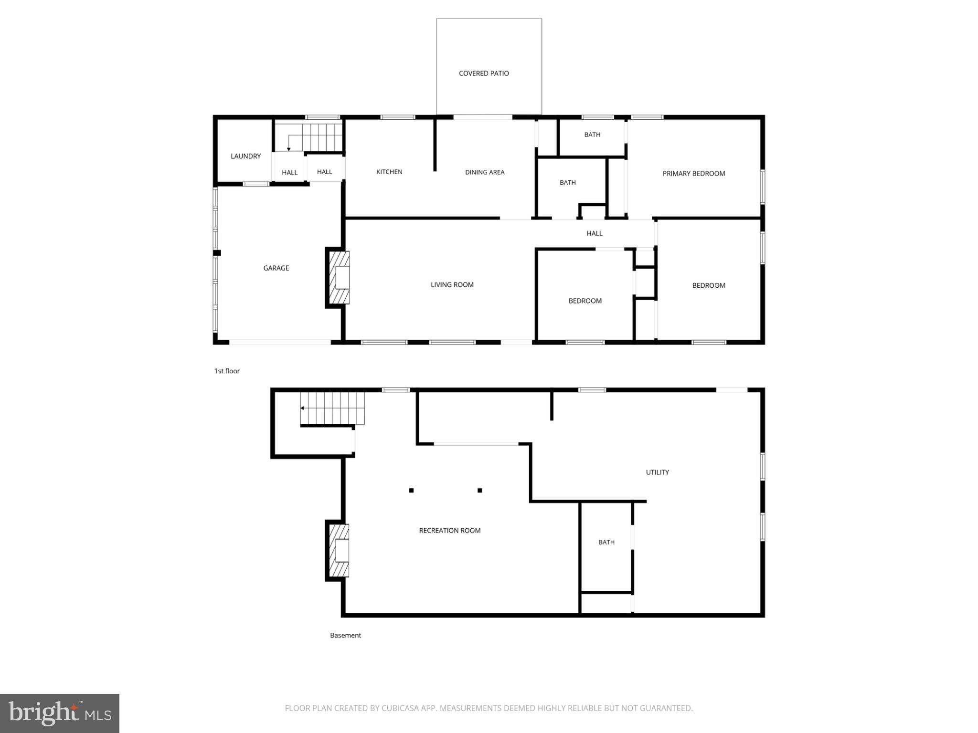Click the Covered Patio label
click(484, 73)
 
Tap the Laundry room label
click(245, 156)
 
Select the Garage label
click(276, 268)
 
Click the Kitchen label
click(389, 172)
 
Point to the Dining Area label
click(485, 172)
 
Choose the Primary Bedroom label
click(693, 174)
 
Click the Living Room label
click(452, 285)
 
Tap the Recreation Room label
click(449, 531)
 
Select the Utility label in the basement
click(657, 472)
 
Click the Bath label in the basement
click(606, 542)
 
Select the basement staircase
click(332, 408)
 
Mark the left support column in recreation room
click(411, 491)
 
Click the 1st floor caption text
click(227, 371)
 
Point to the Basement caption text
click(345, 635)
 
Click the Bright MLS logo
click(60, 713)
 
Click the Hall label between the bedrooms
click(595, 233)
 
